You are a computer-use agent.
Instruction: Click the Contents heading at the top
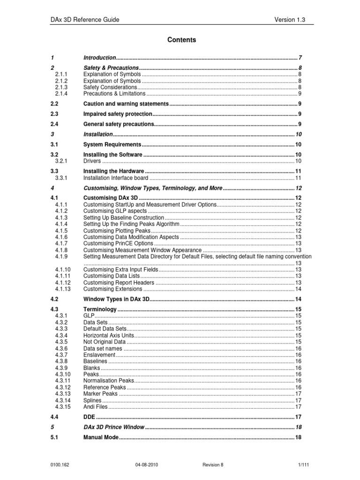coord(182,40)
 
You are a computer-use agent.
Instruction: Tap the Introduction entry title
coord(99,58)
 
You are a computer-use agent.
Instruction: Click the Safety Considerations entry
coord(110,87)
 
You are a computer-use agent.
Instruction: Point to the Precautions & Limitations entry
coord(114,94)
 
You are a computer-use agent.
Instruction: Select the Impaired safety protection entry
coord(118,114)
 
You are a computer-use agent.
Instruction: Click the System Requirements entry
coord(112,144)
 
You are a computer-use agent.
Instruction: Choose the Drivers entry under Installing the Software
coord(92,161)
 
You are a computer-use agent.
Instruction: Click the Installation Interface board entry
coord(116,178)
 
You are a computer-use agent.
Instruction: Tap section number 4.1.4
coord(61,224)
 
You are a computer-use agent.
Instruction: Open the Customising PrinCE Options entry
coord(118,244)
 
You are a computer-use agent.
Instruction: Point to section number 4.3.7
coord(61,355)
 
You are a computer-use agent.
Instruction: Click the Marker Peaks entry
coord(100,394)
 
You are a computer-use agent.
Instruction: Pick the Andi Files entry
coord(96,407)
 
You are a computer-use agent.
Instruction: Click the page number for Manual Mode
coord(298,437)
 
